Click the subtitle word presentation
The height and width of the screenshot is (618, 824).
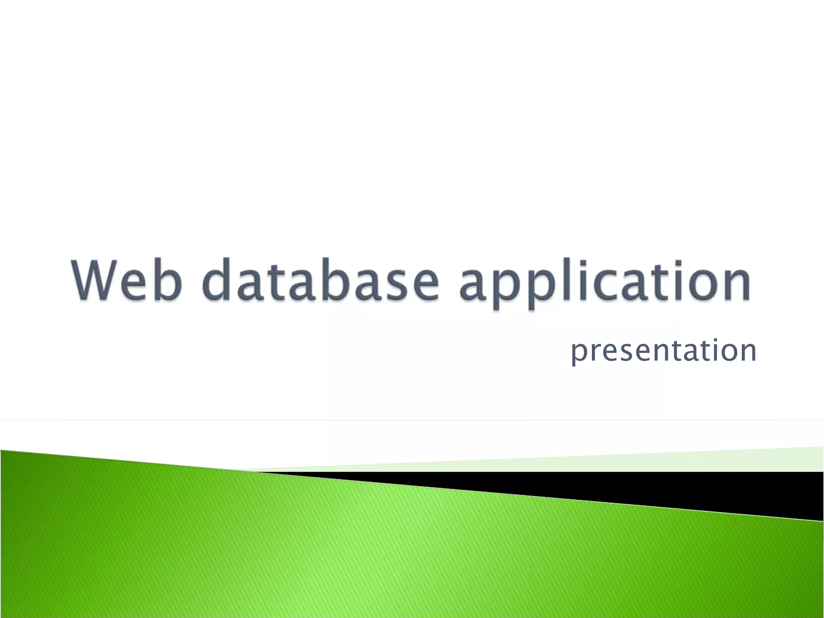coord(664,351)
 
